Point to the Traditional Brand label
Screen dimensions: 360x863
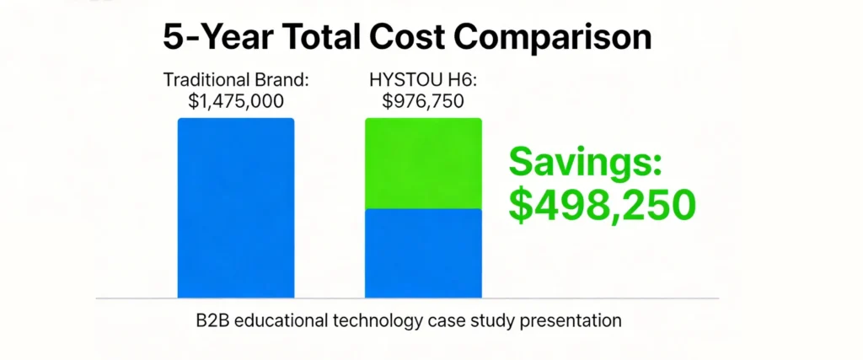click(235, 82)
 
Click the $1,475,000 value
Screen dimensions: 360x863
click(235, 101)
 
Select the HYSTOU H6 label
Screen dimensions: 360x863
click(423, 82)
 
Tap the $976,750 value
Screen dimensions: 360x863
click(423, 101)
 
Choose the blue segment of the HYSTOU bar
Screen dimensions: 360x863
click(423, 253)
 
